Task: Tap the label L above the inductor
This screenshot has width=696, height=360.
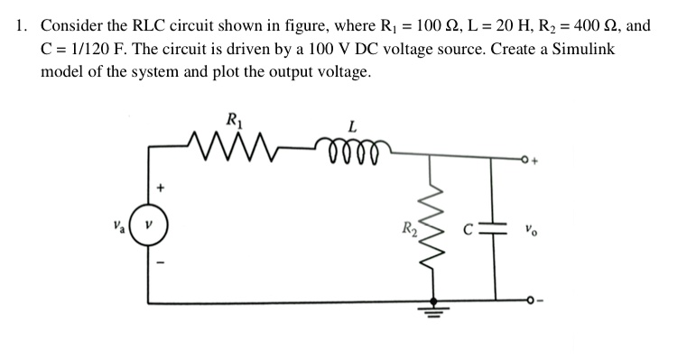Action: (x=350, y=124)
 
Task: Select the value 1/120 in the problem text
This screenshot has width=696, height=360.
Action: (x=87, y=49)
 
